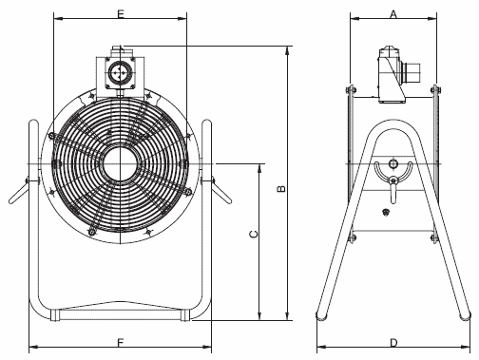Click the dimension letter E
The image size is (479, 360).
coord(121,14)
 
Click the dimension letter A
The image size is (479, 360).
coord(393,14)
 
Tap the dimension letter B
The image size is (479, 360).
coord(281,189)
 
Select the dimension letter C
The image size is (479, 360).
coord(254,234)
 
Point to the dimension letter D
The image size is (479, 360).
coord(393,343)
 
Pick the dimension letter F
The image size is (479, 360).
coord(121,343)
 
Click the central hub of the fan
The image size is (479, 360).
coord(121,163)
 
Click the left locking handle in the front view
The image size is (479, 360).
coord(20,191)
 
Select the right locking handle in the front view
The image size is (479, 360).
coord(221,191)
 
